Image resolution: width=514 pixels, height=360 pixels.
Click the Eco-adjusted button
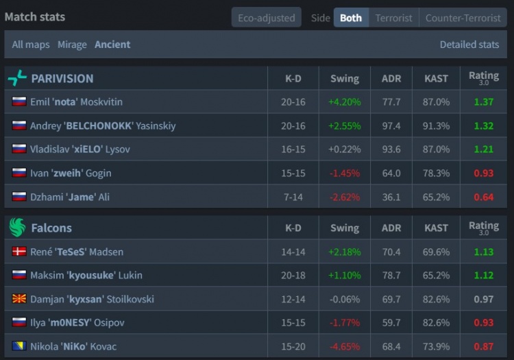pyautogui.click(x=266, y=18)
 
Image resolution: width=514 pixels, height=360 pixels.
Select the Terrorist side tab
pyautogui.click(x=393, y=18)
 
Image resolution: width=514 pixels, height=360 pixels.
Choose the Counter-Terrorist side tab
pyautogui.click(x=463, y=18)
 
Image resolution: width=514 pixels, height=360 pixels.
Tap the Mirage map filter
pyautogui.click(x=72, y=45)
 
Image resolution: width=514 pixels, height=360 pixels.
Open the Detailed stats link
pyautogui.click(x=469, y=45)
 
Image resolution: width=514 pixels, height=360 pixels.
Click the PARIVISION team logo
pyautogui.click(x=17, y=78)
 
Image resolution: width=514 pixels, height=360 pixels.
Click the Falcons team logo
pyautogui.click(x=17, y=228)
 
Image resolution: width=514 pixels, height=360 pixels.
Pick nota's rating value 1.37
pyautogui.click(x=484, y=102)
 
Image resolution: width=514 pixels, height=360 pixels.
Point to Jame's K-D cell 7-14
pyautogui.click(x=293, y=197)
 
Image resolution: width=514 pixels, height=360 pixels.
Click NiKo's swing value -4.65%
pyautogui.click(x=344, y=346)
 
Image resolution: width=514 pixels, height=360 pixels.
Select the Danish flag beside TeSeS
pyautogui.click(x=19, y=252)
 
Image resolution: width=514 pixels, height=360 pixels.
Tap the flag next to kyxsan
pyautogui.click(x=19, y=299)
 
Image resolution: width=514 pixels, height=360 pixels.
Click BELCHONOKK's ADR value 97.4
pyautogui.click(x=391, y=126)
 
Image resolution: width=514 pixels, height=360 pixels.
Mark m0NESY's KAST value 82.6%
pyautogui.click(x=437, y=322)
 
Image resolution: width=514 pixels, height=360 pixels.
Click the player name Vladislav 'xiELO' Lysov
pyautogui.click(x=80, y=149)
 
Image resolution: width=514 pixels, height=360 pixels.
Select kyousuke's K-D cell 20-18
pyautogui.click(x=293, y=276)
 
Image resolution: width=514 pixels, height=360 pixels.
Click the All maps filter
pyautogui.click(x=31, y=45)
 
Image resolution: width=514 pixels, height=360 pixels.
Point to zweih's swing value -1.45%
pyautogui.click(x=344, y=173)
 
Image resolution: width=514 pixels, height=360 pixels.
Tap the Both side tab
pyautogui.click(x=351, y=18)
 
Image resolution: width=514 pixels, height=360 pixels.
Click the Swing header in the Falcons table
pyautogui.click(x=344, y=228)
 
